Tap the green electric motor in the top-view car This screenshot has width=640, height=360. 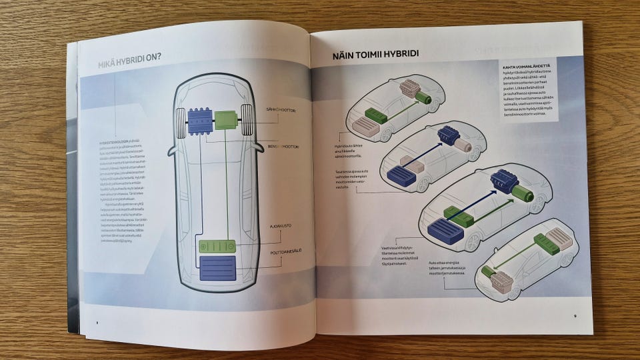coord(226,121)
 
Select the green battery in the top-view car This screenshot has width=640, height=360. coord(215,245)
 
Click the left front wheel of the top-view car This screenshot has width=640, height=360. coord(180,121)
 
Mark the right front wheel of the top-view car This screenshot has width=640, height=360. coord(247,119)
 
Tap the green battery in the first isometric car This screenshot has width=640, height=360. coord(375,115)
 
